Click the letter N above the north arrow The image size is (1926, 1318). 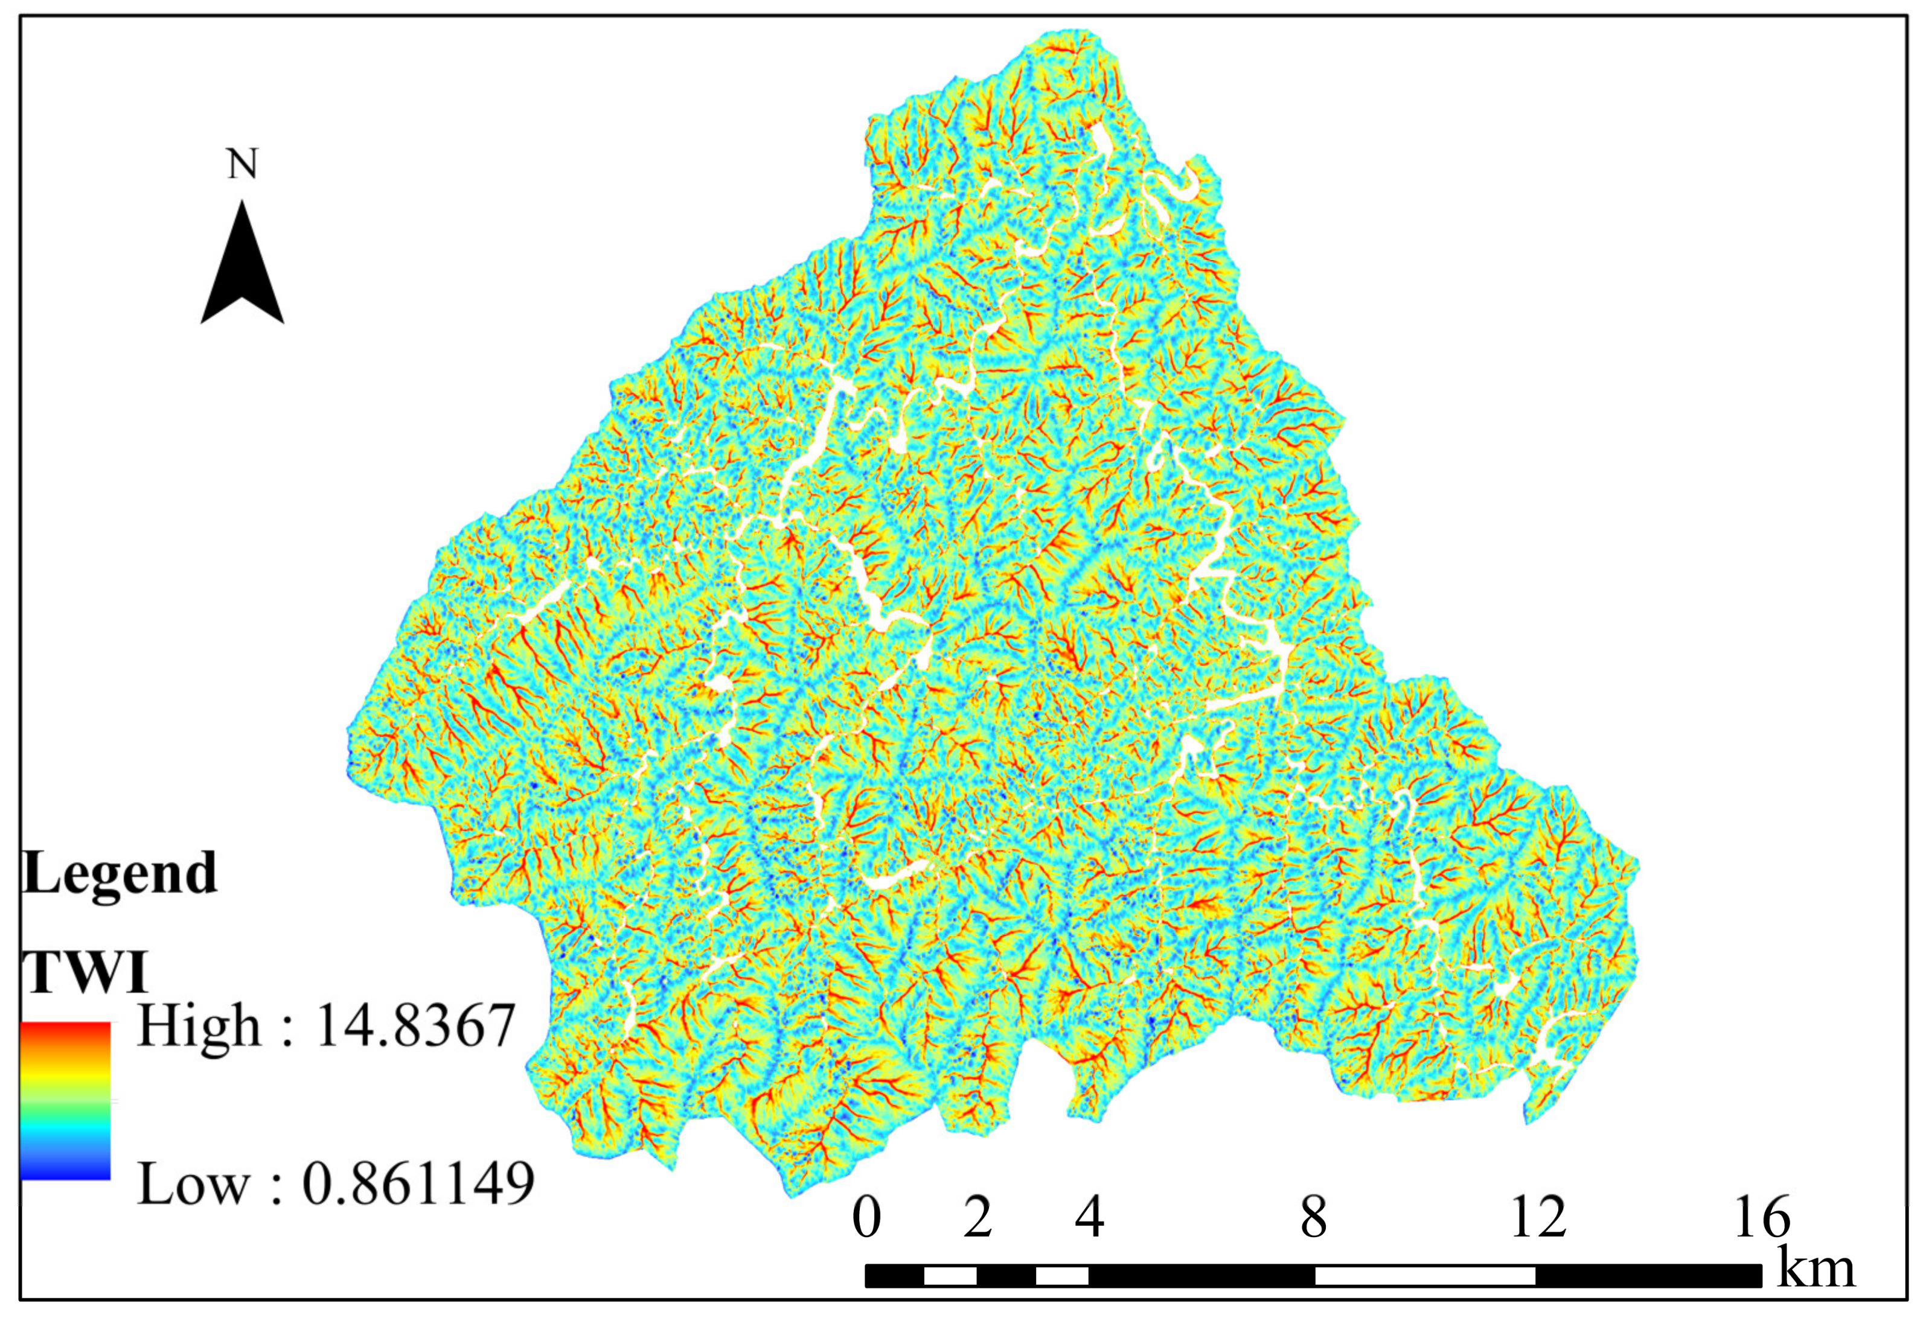[242, 164]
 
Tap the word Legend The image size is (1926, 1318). [120, 873]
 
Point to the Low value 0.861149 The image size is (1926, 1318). [418, 1184]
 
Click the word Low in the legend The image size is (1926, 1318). [192, 1184]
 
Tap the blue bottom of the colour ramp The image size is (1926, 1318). [65, 1168]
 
